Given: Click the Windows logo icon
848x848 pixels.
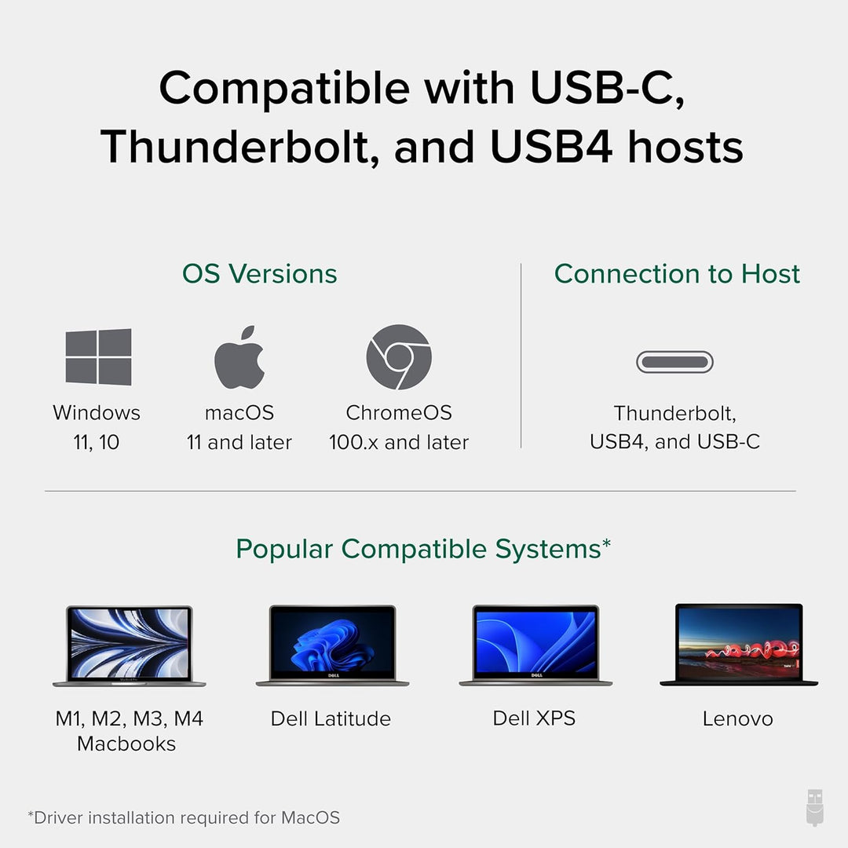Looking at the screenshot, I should pos(98,356).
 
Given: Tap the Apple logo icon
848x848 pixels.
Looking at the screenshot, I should pos(239,356).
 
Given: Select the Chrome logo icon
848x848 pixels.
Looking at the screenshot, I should pos(399,356).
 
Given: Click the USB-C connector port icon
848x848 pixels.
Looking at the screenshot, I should pos(674,362).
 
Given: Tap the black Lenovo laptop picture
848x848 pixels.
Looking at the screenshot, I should pos(739,645).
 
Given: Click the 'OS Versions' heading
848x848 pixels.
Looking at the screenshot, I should pos(260,274).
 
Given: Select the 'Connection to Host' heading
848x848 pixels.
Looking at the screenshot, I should pos(677,274).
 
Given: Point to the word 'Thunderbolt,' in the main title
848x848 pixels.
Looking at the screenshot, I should pos(236,147).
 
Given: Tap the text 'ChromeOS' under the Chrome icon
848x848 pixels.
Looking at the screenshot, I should pos(399,413).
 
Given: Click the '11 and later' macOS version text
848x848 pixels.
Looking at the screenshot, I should pos(239,443).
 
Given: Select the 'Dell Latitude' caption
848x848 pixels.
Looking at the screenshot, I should pos(331,718).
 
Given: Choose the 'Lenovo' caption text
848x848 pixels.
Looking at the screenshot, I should pos(738,718).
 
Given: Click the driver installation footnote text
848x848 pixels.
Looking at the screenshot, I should pos(184,818).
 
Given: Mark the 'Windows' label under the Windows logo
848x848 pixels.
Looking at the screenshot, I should pos(97,413).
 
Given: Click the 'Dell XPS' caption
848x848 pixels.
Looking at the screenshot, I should pos(534,718).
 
